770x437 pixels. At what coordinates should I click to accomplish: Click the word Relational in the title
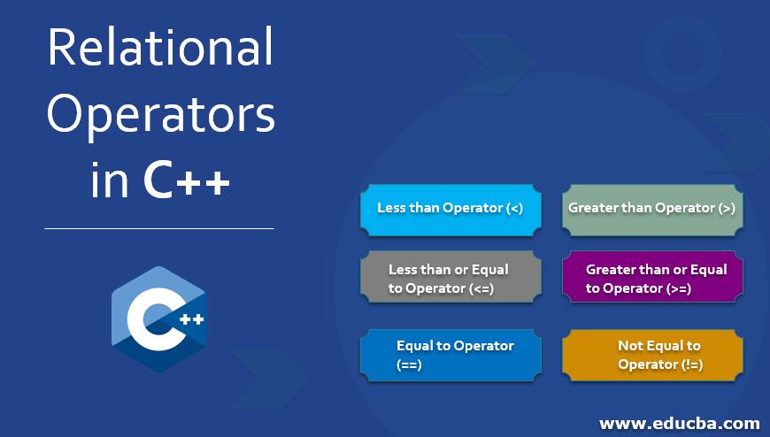point(160,47)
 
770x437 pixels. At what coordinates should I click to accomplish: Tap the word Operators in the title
point(160,115)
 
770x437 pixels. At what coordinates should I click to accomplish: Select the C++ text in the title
point(186,180)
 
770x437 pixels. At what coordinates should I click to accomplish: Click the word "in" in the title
point(109,180)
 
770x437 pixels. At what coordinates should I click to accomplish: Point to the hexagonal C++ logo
point(158,319)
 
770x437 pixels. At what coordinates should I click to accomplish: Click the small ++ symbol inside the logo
point(191,319)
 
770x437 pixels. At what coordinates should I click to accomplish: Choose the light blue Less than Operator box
point(450,211)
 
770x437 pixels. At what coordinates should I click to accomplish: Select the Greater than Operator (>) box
point(652,211)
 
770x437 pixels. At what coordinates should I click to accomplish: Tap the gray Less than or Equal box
point(450,277)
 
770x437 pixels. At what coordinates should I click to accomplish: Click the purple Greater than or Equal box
point(652,277)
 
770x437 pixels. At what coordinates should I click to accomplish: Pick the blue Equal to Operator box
point(450,355)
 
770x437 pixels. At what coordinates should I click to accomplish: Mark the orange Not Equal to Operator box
point(652,355)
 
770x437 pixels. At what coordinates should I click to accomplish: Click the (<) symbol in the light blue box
point(514,208)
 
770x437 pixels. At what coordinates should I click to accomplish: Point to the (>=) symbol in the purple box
point(679,288)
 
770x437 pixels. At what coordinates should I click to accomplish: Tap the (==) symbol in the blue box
point(409,364)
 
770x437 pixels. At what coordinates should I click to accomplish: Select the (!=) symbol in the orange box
point(691,364)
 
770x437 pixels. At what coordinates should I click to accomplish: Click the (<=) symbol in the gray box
point(481,288)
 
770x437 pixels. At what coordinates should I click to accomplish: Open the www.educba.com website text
point(680,423)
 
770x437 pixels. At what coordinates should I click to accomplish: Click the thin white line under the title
point(159,228)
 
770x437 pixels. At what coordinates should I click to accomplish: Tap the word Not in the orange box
point(630,346)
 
